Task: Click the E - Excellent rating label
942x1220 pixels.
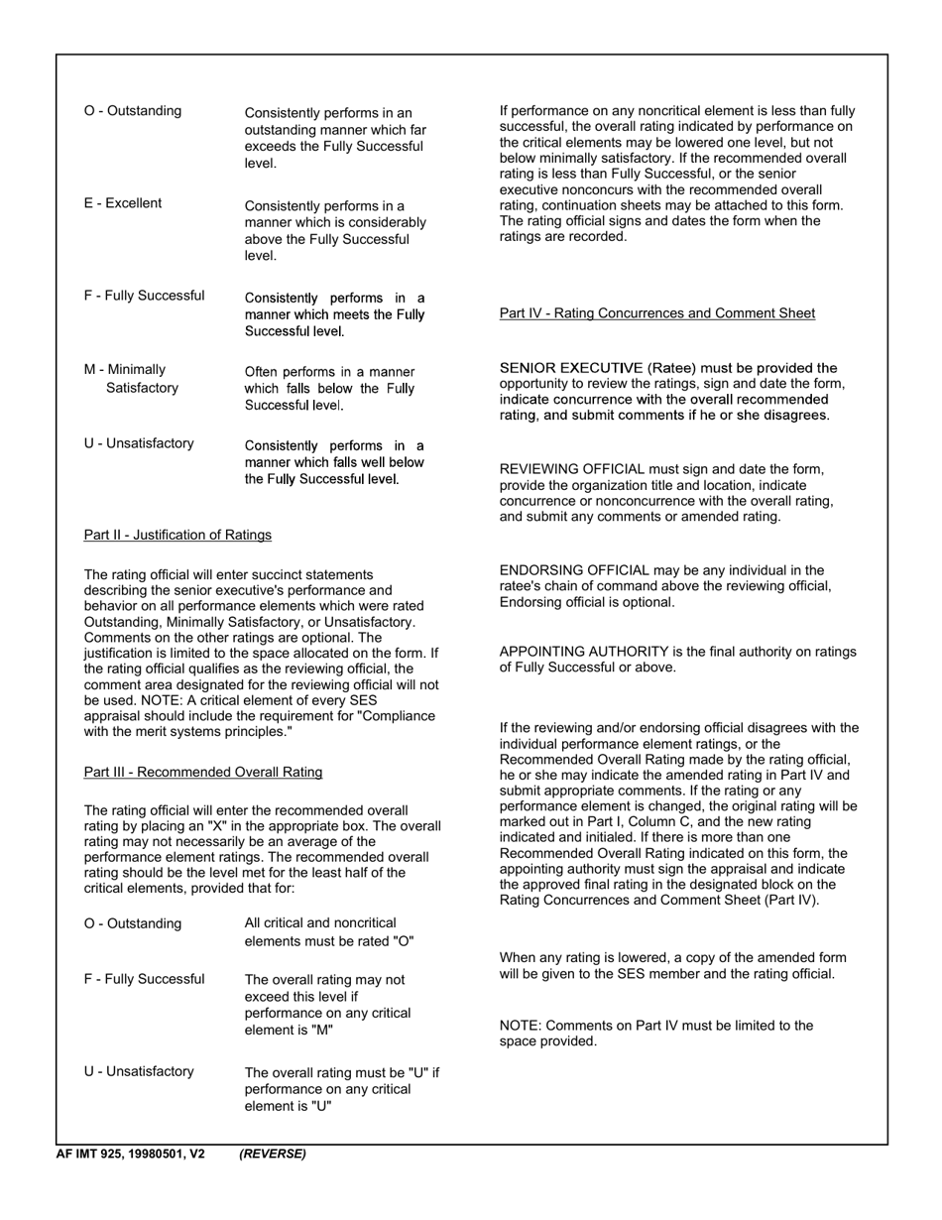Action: [x=123, y=203]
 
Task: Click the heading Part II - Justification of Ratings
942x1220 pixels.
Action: [x=177, y=536]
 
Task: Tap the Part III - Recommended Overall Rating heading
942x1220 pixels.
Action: [x=203, y=772]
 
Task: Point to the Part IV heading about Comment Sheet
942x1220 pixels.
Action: [x=657, y=313]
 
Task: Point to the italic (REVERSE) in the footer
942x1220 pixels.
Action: [x=273, y=1154]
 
